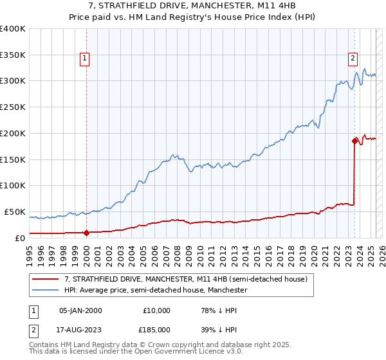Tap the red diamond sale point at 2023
pyautogui.click(x=354, y=140)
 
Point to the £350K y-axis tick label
pyautogui.click(x=13, y=55)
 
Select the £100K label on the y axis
pyautogui.click(x=13, y=185)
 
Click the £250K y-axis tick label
pyautogui.click(x=13, y=107)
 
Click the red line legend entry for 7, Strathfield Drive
pyautogui.click(x=187, y=279)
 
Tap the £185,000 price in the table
pyautogui.click(x=157, y=329)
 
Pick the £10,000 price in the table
pyautogui.click(x=157, y=310)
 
